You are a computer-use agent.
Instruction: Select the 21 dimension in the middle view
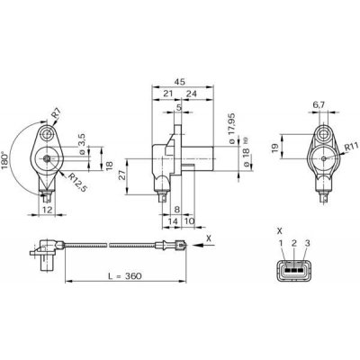coord(167,92)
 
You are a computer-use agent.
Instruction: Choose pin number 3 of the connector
coord(309,243)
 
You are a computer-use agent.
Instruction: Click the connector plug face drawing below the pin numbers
coord(294,270)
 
